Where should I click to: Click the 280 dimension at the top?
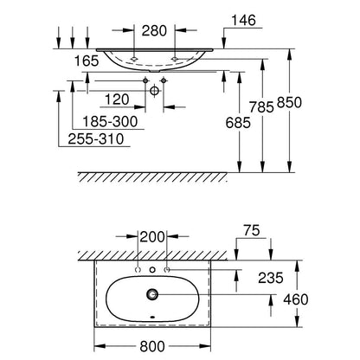pos(154,30)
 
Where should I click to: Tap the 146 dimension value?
pos(243,20)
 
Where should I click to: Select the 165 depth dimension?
pos(87,61)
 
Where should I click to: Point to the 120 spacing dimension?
pos(117,100)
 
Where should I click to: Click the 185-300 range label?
pos(110,121)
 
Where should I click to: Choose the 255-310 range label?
pos(96,139)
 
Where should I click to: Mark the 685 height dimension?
pos(238,123)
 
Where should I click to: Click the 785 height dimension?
pos(261,107)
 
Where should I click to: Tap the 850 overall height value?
pos(289,102)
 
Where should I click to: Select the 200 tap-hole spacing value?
pos(152,237)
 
